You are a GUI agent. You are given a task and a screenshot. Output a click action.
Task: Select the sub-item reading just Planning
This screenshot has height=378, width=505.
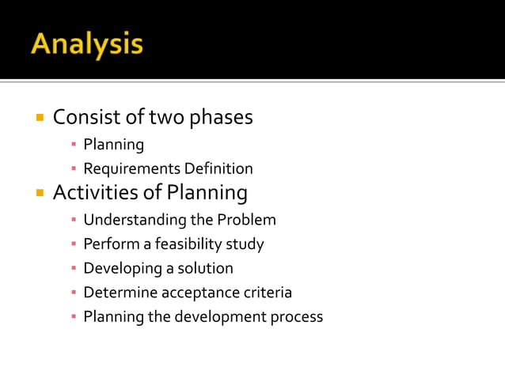tap(114, 145)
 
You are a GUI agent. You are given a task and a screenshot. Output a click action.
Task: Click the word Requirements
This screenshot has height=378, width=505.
tap(132, 169)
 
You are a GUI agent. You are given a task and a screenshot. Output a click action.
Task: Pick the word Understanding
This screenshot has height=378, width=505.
tap(134, 219)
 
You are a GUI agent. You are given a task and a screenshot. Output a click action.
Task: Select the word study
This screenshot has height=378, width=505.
tap(245, 244)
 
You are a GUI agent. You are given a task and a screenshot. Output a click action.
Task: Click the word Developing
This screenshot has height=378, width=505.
tap(120, 268)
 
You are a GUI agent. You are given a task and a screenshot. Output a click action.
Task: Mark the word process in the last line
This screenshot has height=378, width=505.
tap(297, 317)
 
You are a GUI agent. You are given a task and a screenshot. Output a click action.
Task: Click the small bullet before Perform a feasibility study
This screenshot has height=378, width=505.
tap(73, 244)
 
